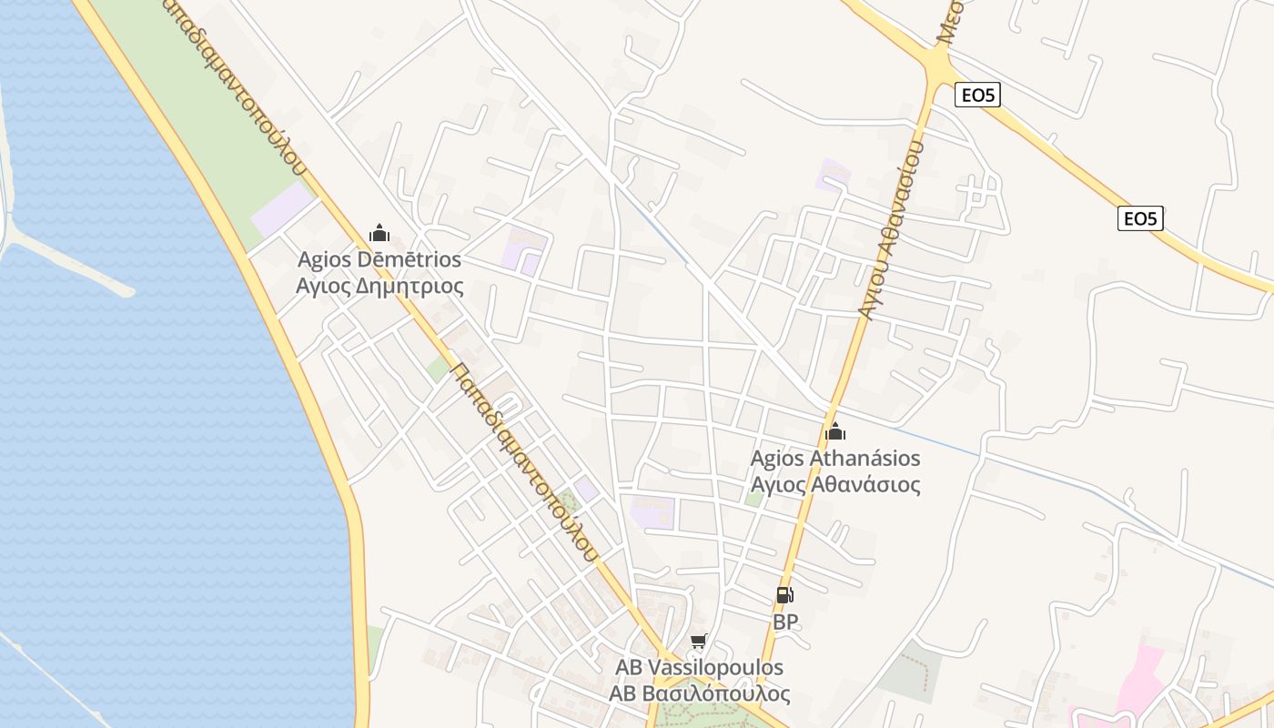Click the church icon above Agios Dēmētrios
(x=379, y=234)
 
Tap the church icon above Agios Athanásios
(x=834, y=431)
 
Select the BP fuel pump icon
(x=784, y=595)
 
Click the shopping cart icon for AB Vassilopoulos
(x=699, y=642)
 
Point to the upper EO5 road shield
(x=977, y=95)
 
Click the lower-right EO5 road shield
(x=1140, y=218)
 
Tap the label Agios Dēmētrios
(x=379, y=259)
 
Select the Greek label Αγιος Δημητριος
(x=379, y=287)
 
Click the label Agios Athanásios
(x=834, y=458)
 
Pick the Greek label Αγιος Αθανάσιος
(x=834, y=484)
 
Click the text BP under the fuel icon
(x=785, y=622)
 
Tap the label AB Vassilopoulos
(x=699, y=667)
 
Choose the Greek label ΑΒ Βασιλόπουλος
(x=699, y=693)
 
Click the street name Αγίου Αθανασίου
(x=890, y=227)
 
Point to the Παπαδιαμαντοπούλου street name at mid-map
(x=526, y=462)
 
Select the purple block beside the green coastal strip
(x=281, y=210)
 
